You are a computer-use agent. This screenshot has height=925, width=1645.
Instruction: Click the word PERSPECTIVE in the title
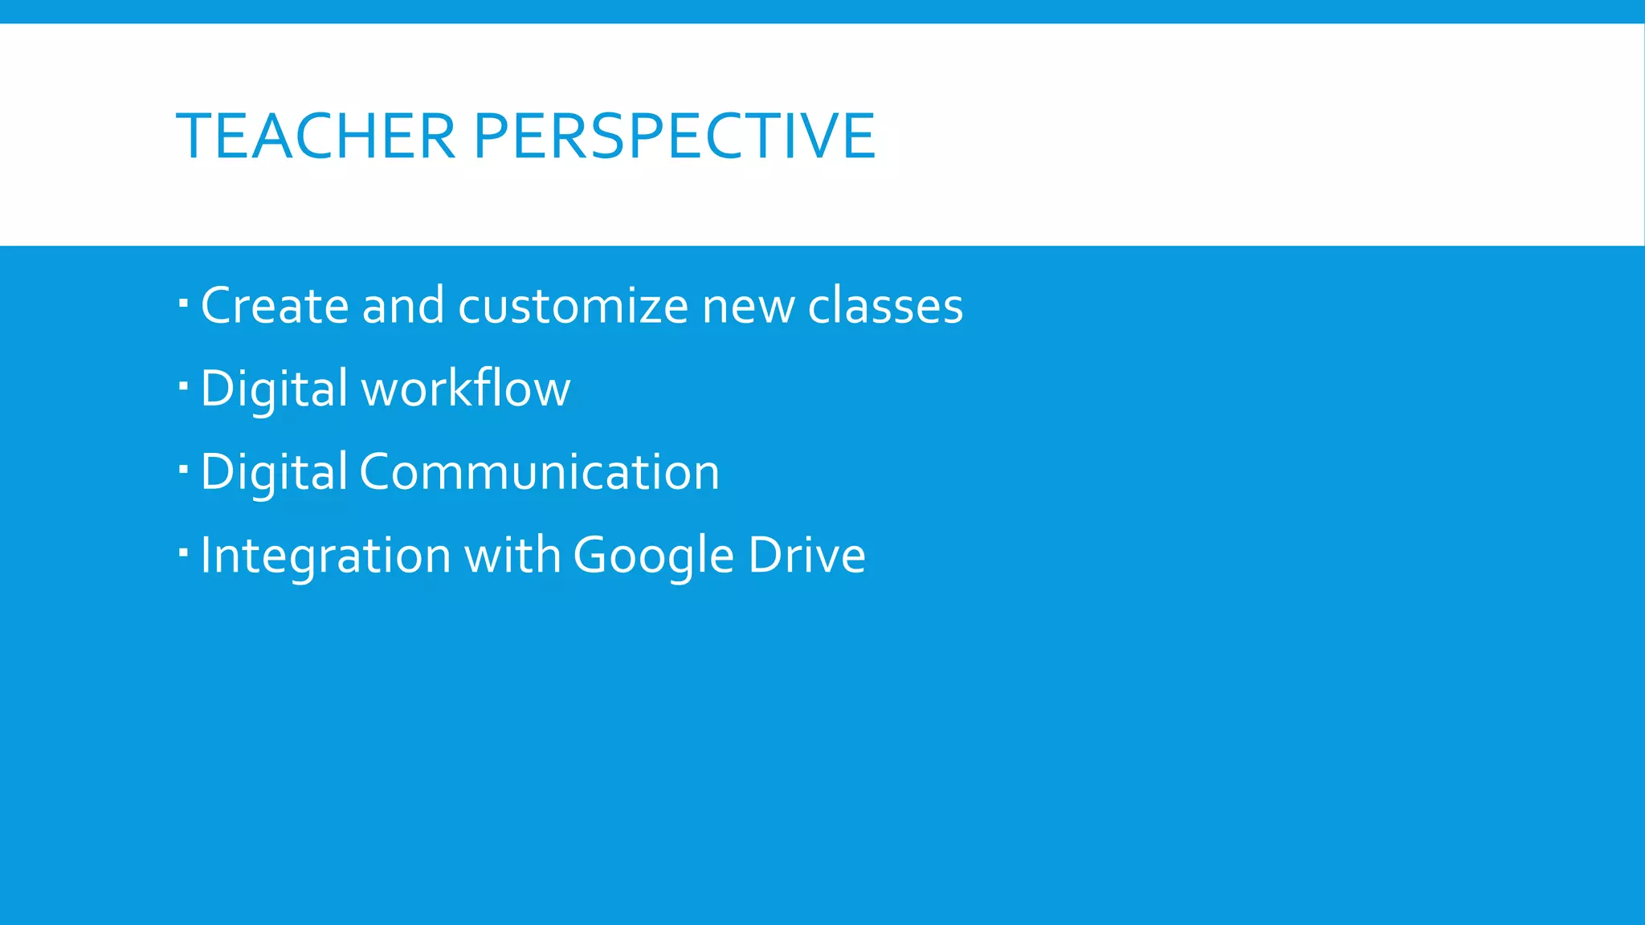pyautogui.click(x=674, y=137)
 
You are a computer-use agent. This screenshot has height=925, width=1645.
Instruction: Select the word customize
pyautogui.click(x=573, y=306)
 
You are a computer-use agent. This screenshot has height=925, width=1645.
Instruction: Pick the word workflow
pyautogui.click(x=466, y=389)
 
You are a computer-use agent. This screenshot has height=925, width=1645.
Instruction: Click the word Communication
pyautogui.click(x=539, y=472)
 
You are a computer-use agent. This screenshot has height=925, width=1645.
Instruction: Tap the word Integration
pyautogui.click(x=325, y=556)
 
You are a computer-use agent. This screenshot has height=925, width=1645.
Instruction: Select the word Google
pyautogui.click(x=653, y=556)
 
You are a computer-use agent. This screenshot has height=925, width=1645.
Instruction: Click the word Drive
pyautogui.click(x=806, y=556)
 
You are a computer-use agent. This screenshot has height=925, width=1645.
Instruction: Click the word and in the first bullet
pyautogui.click(x=403, y=306)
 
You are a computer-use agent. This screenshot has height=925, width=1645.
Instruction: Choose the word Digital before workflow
pyautogui.click(x=274, y=390)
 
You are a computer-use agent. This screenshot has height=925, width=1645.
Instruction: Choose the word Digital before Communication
pyautogui.click(x=274, y=472)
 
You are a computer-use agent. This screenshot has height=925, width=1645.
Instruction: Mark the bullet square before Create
pyautogui.click(x=183, y=304)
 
